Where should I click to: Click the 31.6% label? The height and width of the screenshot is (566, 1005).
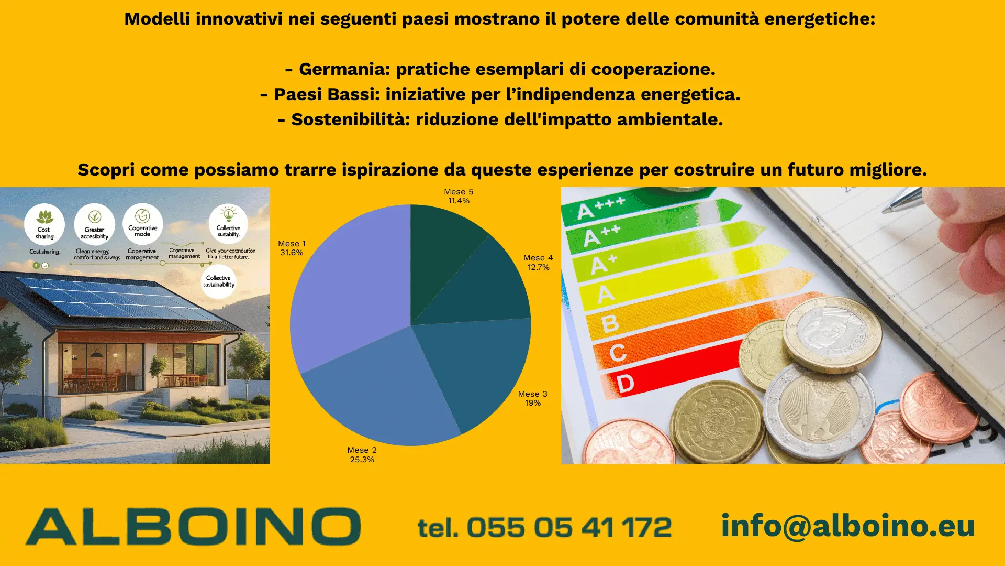pyautogui.click(x=292, y=253)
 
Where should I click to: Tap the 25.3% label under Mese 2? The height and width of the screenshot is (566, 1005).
pyautogui.click(x=362, y=460)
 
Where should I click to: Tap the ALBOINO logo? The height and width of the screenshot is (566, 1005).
pyautogui.click(x=193, y=526)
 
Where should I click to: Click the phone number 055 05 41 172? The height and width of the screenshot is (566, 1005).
pyautogui.click(x=568, y=527)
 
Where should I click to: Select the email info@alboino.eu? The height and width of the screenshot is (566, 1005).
pyautogui.click(x=847, y=526)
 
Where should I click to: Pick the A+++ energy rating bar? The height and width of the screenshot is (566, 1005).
pyautogui.click(x=649, y=210)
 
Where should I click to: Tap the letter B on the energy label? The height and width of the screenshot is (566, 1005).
pyautogui.click(x=610, y=323)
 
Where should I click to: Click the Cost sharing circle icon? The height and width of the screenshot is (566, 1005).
pyautogui.click(x=44, y=224)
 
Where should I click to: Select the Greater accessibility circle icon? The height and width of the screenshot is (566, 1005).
pyautogui.click(x=95, y=224)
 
